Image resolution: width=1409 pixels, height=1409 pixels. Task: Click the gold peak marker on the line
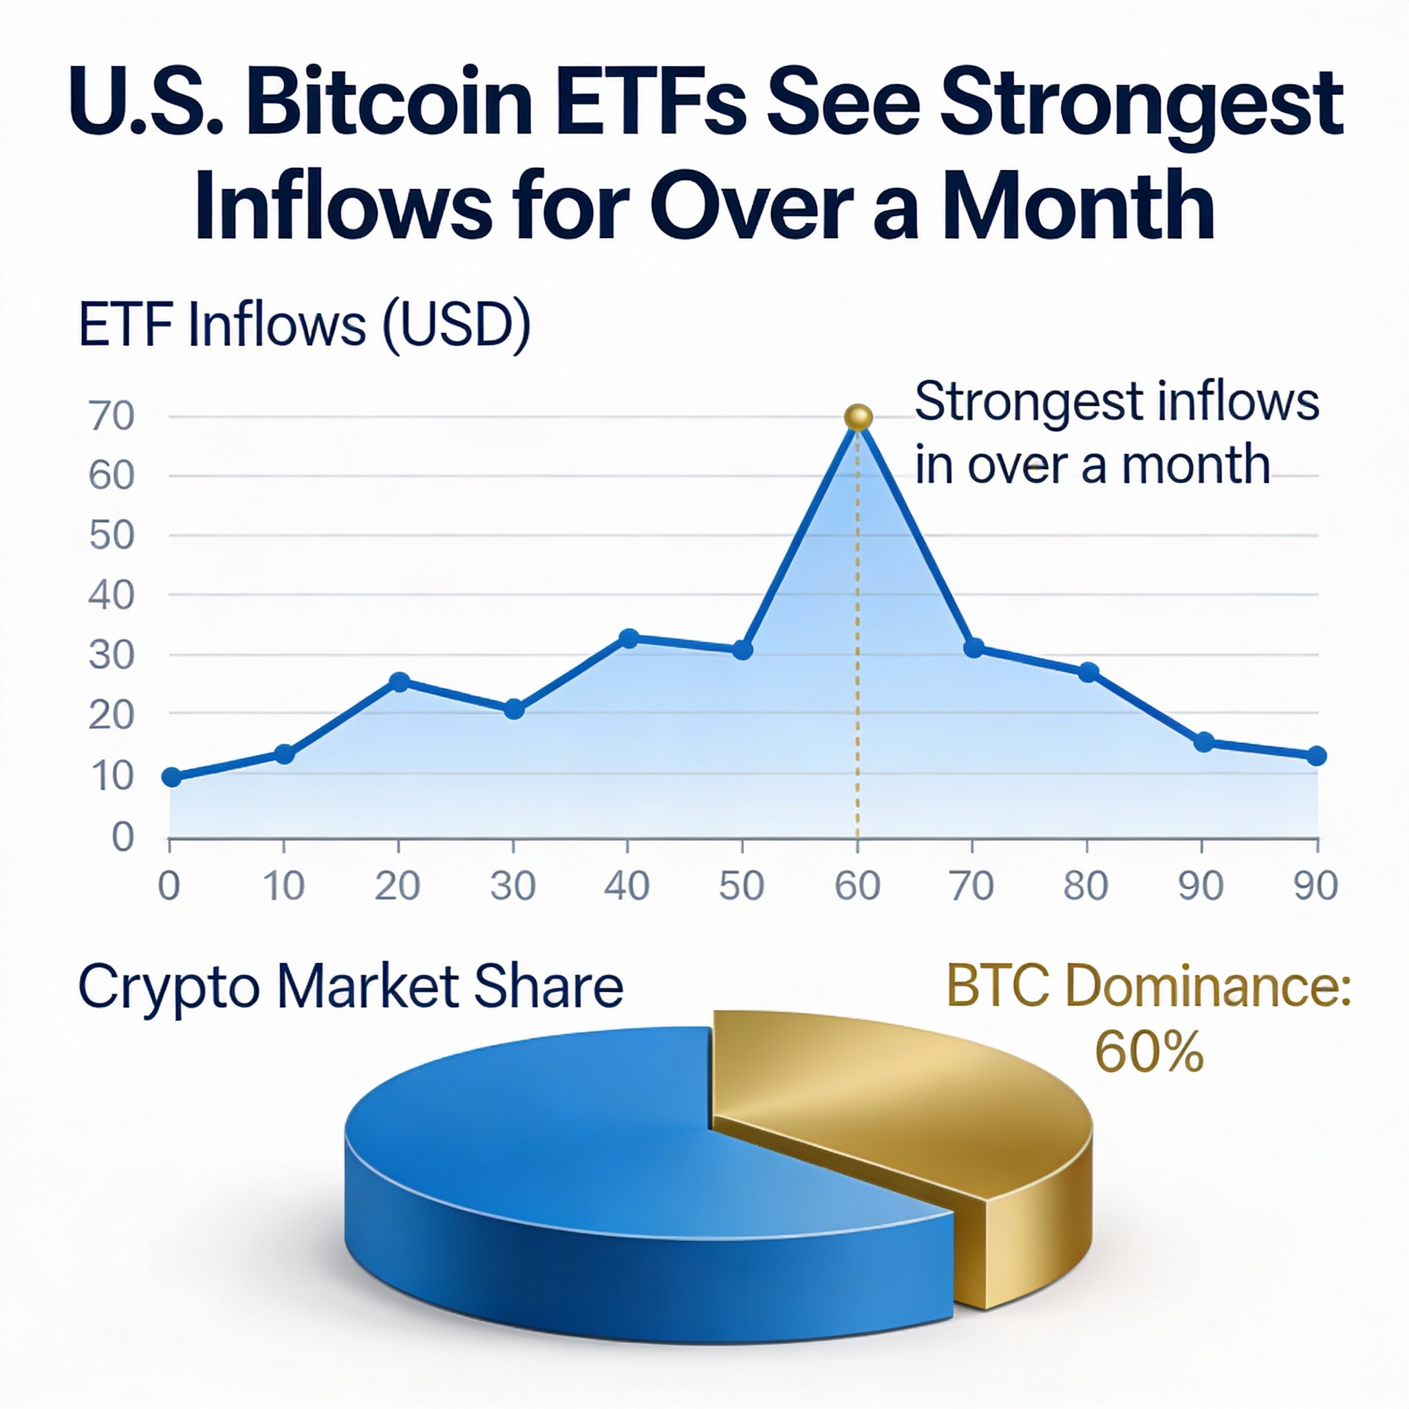pyautogui.click(x=858, y=417)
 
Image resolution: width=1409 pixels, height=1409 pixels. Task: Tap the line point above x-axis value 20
pyautogui.click(x=399, y=682)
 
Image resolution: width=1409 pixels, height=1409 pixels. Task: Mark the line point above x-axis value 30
pyautogui.click(x=514, y=708)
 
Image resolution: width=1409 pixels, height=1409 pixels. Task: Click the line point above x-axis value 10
pyautogui.click(x=284, y=754)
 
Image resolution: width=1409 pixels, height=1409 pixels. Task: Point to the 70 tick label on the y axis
pyautogui.click(x=111, y=417)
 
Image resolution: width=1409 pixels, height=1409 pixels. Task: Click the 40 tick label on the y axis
pyautogui.click(x=111, y=596)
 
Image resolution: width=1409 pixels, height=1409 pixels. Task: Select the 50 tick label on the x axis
pyautogui.click(x=742, y=886)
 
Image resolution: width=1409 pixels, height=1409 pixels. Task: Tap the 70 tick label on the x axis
pyautogui.click(x=972, y=886)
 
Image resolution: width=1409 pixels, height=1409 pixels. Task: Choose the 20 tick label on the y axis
pyautogui.click(x=111, y=716)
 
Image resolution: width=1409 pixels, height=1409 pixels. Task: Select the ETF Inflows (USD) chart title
pyautogui.click(x=304, y=325)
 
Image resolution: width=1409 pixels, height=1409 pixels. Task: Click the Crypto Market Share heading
pyautogui.click(x=350, y=987)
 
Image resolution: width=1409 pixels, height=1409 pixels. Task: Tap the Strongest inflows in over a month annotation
pyautogui.click(x=1116, y=433)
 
